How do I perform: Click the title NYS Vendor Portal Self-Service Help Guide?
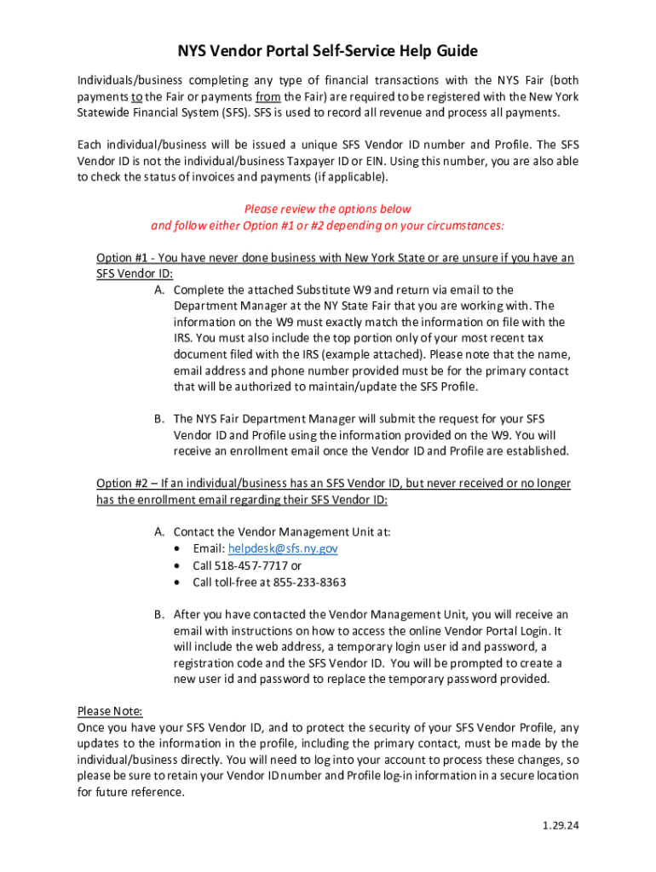click(x=327, y=51)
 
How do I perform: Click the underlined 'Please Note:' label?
click(x=110, y=711)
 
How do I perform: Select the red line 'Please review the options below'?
click(x=327, y=209)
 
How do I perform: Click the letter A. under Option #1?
click(x=159, y=290)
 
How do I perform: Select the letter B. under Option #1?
click(x=159, y=419)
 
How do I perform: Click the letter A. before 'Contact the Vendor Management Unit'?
click(x=159, y=532)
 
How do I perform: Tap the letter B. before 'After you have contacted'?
click(x=159, y=615)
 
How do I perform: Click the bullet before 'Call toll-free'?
click(x=176, y=583)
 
